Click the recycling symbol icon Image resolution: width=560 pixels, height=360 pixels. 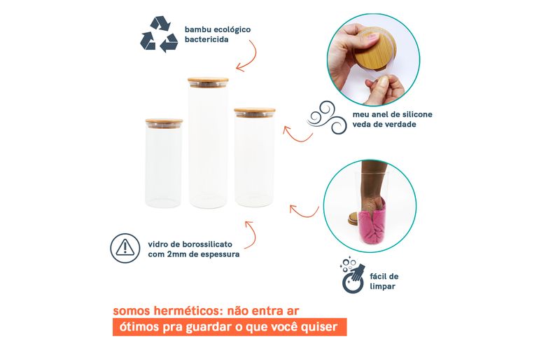point(159,34)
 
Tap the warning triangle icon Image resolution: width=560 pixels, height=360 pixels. point(125,248)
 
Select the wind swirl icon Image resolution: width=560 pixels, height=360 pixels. point(327,118)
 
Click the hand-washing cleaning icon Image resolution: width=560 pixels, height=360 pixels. point(353,275)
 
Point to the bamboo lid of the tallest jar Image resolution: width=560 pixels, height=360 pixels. point(208,82)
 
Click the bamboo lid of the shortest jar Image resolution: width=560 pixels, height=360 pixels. point(164,123)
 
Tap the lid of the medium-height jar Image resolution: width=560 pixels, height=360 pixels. point(255,112)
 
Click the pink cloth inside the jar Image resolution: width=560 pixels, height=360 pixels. point(372,223)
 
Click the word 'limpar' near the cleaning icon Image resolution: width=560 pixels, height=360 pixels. point(382,286)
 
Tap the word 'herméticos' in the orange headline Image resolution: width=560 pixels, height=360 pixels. point(185,311)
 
